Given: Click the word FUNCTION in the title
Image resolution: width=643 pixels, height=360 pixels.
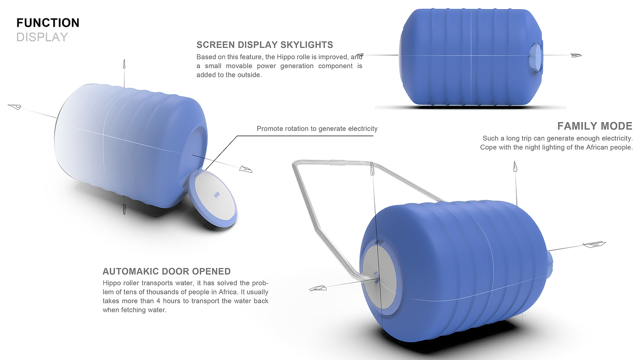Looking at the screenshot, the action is [x=48, y=22].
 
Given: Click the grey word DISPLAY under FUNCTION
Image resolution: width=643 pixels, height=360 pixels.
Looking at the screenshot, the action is [x=42, y=37].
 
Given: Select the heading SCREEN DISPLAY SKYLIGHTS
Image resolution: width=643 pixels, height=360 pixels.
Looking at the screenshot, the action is [x=265, y=45].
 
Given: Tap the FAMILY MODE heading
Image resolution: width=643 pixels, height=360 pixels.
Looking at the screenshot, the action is [x=594, y=126].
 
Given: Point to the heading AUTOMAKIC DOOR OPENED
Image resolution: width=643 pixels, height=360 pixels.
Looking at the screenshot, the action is [x=166, y=271].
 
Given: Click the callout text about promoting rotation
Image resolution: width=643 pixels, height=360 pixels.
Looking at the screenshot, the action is [x=317, y=129].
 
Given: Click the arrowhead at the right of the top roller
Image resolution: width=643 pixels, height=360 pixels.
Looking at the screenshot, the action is [x=575, y=56].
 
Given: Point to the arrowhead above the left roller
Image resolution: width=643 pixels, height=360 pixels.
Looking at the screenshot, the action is [x=124, y=65].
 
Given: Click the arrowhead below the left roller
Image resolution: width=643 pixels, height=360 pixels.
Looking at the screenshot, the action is [x=123, y=208].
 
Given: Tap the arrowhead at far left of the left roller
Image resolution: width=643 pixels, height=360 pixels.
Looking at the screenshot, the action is [x=15, y=107].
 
